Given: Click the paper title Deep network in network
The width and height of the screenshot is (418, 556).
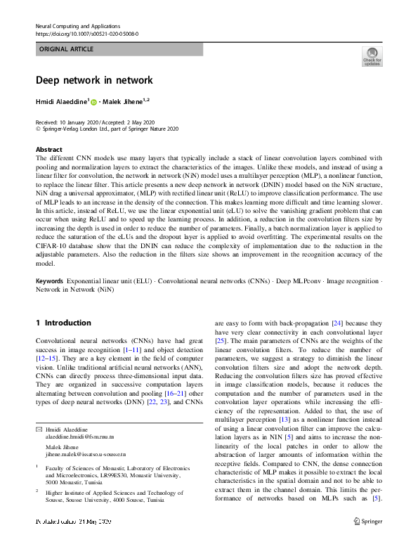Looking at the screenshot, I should click(93, 80).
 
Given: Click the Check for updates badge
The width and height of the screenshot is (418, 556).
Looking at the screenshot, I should click(372, 56).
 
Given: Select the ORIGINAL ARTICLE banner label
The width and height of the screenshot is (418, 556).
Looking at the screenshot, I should click(67, 49).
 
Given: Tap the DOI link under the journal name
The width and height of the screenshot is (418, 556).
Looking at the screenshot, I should click(86, 33).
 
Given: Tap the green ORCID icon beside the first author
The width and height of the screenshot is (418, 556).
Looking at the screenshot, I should click(93, 103).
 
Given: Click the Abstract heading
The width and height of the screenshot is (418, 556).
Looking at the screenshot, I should click(48, 149).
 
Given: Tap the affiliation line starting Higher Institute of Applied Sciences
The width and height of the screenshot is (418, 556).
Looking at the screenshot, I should click(113, 493).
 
